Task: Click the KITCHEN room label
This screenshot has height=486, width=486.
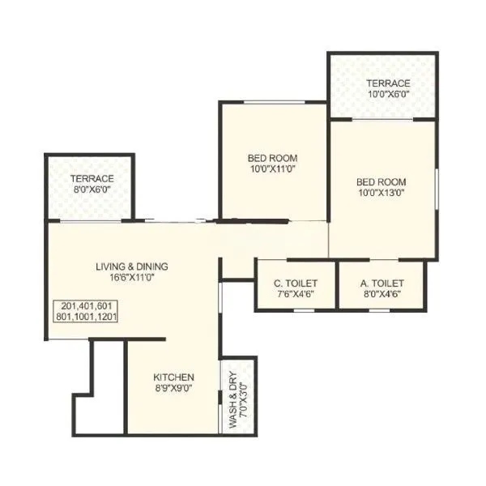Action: (x=174, y=377)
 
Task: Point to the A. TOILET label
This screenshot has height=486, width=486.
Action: (x=382, y=283)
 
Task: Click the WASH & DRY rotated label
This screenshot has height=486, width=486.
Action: (x=232, y=393)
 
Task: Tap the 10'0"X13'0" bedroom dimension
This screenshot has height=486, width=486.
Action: (x=382, y=193)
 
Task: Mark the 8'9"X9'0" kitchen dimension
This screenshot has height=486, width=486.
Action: (x=174, y=388)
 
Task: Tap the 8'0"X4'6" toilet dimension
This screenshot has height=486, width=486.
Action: (x=382, y=294)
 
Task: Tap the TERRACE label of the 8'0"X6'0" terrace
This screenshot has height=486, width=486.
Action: (x=92, y=178)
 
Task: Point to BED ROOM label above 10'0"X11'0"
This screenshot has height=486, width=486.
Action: (x=273, y=157)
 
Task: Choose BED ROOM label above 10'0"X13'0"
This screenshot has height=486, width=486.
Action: (x=382, y=181)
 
